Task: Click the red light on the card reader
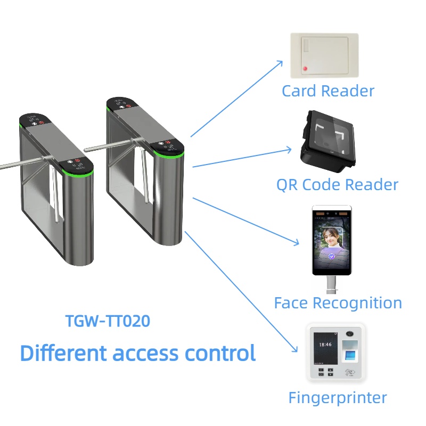click(x=305, y=68)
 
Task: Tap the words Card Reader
click(x=328, y=91)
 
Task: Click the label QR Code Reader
click(x=337, y=185)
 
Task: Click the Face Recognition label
click(x=338, y=303)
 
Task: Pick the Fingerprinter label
click(x=338, y=397)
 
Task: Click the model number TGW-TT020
click(x=107, y=321)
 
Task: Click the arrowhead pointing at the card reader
click(x=281, y=63)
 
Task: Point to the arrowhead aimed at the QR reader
click(x=290, y=150)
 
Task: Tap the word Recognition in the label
click(x=357, y=303)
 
